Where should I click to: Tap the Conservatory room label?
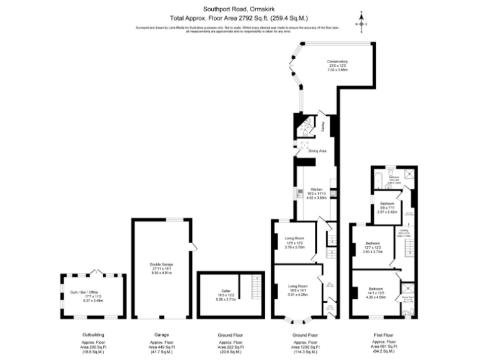click(x=337, y=64)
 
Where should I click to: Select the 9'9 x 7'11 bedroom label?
click(x=388, y=208)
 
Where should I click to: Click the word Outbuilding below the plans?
click(x=93, y=334)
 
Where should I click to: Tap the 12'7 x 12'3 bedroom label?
click(x=373, y=247)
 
